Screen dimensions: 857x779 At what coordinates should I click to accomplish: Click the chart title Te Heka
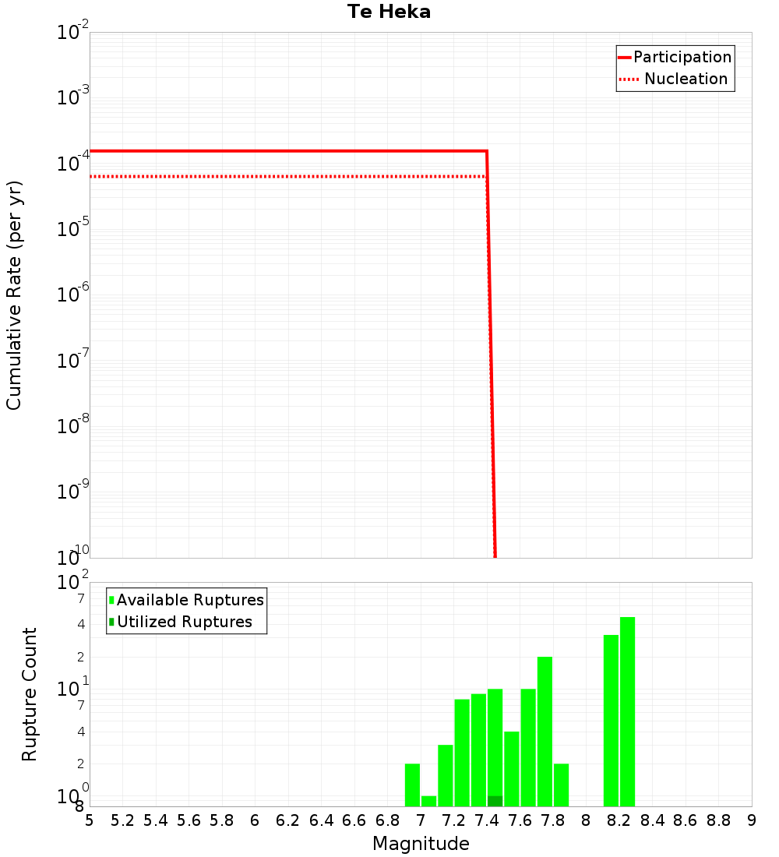pyautogui.click(x=389, y=12)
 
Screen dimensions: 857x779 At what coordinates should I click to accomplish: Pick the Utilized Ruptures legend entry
pyautogui.click(x=184, y=622)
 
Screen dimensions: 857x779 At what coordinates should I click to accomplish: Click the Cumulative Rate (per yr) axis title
pyautogui.click(x=14, y=295)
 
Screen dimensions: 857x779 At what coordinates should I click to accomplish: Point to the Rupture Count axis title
pyautogui.click(x=30, y=694)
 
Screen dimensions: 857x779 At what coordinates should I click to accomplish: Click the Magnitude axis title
pyautogui.click(x=421, y=844)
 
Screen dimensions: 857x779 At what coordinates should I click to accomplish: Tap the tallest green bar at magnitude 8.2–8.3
pyautogui.click(x=627, y=711)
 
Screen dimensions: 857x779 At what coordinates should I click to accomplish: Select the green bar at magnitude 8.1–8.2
pyautogui.click(x=611, y=721)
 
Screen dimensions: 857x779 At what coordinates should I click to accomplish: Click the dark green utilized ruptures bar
pyautogui.click(x=495, y=801)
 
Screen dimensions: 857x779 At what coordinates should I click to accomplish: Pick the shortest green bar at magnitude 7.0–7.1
pyautogui.click(x=428, y=801)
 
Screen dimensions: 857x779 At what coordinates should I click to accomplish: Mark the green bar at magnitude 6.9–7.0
pyautogui.click(x=412, y=785)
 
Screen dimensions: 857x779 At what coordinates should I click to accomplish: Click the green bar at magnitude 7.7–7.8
pyautogui.click(x=545, y=732)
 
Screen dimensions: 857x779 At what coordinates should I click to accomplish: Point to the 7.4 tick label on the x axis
pyautogui.click(x=487, y=820)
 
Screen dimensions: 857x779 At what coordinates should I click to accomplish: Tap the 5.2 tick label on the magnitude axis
pyautogui.click(x=122, y=820)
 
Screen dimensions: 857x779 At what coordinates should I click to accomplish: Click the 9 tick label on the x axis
pyautogui.click(x=752, y=820)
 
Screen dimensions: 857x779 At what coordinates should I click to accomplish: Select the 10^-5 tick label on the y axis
pyautogui.click(x=73, y=229)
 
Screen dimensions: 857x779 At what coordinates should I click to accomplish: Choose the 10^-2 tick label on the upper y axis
pyautogui.click(x=73, y=33)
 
